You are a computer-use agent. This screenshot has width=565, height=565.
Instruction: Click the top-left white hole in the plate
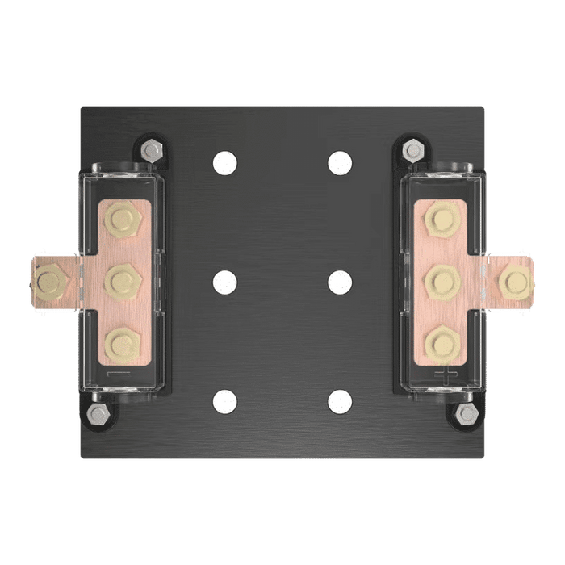[225, 163]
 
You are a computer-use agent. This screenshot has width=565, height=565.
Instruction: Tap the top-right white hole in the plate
[340, 163]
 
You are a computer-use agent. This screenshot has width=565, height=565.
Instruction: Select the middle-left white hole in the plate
[225, 282]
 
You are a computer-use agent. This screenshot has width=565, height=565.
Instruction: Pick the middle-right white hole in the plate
[340, 282]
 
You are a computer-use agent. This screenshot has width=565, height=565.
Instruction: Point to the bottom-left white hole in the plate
[225, 401]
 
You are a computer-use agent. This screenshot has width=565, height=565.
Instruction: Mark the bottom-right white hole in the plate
[340, 401]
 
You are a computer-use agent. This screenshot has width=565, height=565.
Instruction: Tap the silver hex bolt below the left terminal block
[98, 414]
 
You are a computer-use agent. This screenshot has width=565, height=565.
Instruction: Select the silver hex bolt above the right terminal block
[414, 150]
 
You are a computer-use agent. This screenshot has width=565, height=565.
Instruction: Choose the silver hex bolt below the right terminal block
[467, 414]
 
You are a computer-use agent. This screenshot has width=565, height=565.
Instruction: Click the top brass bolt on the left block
[122, 219]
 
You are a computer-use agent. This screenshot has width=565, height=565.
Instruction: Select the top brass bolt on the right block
[442, 219]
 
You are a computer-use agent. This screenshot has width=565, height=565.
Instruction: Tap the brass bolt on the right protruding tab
[514, 282]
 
